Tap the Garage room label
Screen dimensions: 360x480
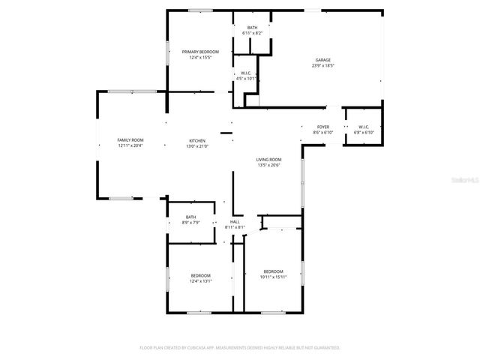tap(323, 60)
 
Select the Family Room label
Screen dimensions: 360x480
tap(130, 140)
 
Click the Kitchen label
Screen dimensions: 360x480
tap(197, 140)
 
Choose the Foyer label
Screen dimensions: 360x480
tap(322, 127)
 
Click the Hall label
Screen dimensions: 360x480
tap(235, 222)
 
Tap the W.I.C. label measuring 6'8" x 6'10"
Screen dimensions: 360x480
tap(363, 127)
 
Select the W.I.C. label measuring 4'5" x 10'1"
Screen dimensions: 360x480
tap(246, 73)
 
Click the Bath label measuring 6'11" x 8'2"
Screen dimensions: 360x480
tap(252, 28)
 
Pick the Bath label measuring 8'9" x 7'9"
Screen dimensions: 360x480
tap(190, 217)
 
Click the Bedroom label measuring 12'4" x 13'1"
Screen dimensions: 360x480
tap(200, 275)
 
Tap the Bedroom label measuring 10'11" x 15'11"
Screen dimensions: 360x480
tap(273, 271)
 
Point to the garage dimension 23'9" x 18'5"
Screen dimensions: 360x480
tap(323, 66)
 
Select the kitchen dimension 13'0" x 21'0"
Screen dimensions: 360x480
tap(197, 146)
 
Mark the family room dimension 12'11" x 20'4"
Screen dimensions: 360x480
tap(130, 146)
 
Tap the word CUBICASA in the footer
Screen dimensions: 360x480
tap(196, 348)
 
